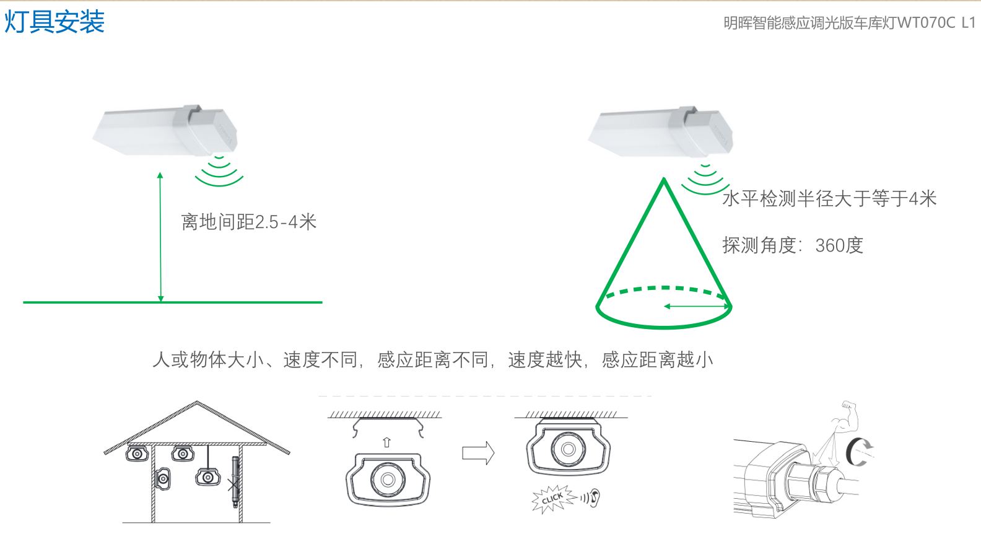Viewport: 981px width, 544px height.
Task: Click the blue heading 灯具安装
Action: pyautogui.click(x=54, y=21)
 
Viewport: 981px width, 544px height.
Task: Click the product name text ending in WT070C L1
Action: pyautogui.click(x=849, y=23)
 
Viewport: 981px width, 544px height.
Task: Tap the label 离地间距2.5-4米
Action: pyautogui.click(x=248, y=222)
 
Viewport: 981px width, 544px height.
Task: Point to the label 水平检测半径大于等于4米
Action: pyautogui.click(x=829, y=198)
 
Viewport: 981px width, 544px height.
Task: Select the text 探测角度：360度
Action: pyautogui.click(x=793, y=245)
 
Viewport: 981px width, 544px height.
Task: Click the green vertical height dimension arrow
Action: pyautogui.click(x=161, y=237)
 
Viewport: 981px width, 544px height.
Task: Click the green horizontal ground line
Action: pyautogui.click(x=173, y=302)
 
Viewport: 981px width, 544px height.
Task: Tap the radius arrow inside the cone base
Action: pyautogui.click(x=696, y=306)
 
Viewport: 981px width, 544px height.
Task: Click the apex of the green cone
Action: pyautogui.click(x=664, y=178)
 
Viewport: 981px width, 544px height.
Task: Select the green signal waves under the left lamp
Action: pyautogui.click(x=219, y=172)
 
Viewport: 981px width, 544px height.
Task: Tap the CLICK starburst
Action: pyautogui.click(x=552, y=498)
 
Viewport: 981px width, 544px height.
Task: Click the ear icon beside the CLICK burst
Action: pyautogui.click(x=594, y=498)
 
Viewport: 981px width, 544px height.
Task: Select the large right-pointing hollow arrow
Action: pyautogui.click(x=478, y=453)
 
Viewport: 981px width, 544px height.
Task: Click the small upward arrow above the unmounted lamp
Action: pyautogui.click(x=386, y=442)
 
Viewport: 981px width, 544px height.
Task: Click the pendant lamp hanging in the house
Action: pyautogui.click(x=207, y=476)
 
